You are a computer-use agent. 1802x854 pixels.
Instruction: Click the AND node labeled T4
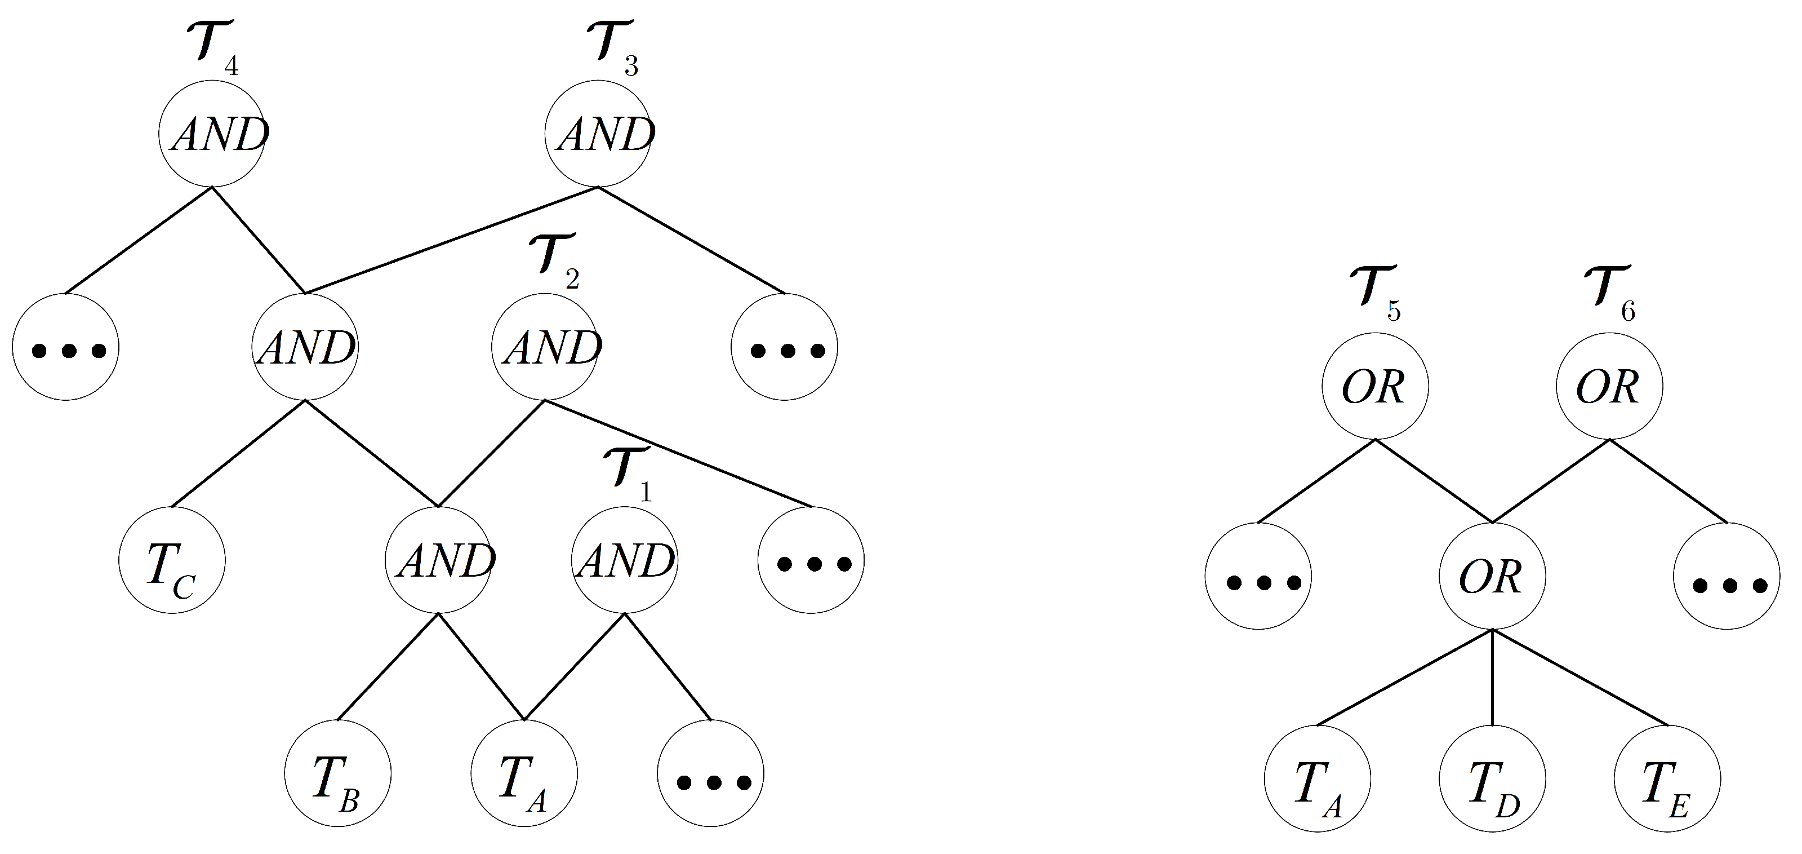coord(211,134)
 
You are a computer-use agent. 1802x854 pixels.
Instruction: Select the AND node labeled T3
coord(598,134)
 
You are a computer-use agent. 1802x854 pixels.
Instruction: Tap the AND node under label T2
coord(544,347)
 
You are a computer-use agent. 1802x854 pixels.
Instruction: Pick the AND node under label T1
coord(625,560)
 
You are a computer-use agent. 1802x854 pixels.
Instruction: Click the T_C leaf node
coord(172,561)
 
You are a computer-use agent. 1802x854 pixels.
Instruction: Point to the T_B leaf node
coord(338,773)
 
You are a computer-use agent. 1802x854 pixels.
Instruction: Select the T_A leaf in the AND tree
coord(524,773)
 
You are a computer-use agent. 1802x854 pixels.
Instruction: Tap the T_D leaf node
coord(1492,779)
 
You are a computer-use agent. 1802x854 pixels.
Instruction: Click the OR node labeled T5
coord(1374,386)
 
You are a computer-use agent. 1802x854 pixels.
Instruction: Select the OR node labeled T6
coord(1609,386)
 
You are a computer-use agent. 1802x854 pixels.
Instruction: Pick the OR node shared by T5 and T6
coord(1492,577)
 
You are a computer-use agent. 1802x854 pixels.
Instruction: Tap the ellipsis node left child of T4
coord(66,347)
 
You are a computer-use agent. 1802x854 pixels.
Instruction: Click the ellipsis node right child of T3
coord(784,347)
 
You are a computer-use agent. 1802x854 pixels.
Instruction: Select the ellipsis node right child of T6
coord(1727,577)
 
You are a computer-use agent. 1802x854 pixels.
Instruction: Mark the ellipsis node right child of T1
coord(711,773)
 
